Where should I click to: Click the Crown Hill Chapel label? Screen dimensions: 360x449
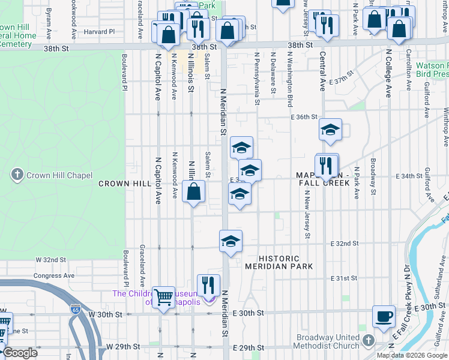click(59, 175)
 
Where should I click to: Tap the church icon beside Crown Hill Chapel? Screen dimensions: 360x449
click(17, 175)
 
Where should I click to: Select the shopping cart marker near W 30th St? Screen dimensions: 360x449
click(163, 297)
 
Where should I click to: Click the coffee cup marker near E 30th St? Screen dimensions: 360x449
click(384, 316)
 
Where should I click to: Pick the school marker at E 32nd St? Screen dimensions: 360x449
click(231, 241)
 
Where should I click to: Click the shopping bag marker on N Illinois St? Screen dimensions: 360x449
click(194, 192)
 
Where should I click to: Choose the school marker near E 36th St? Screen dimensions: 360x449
click(330, 130)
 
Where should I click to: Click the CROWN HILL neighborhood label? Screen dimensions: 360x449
click(124, 184)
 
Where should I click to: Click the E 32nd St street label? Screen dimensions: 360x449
click(345, 244)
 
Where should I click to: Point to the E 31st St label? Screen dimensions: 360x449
click(345, 279)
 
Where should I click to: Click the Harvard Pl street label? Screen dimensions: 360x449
click(99, 31)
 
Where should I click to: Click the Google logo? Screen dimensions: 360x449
click(21, 353)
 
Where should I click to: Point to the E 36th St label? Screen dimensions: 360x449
click(304, 117)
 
